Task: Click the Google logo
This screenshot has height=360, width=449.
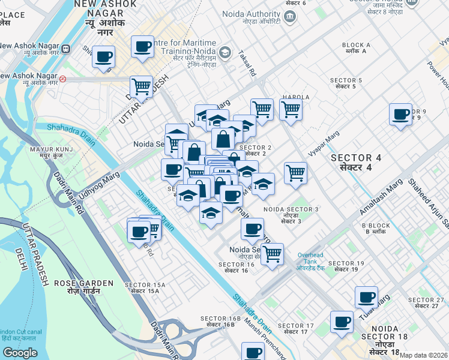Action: (x=20, y=353)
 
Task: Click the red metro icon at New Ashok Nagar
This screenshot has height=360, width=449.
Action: (x=62, y=78)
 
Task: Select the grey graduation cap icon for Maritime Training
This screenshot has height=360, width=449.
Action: (x=224, y=52)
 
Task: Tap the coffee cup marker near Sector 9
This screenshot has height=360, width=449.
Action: (x=400, y=114)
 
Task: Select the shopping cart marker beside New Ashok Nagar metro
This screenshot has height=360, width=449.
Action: (x=141, y=86)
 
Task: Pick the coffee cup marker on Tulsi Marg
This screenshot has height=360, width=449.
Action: (x=366, y=296)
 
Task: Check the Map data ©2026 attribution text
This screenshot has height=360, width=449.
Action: (x=424, y=355)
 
